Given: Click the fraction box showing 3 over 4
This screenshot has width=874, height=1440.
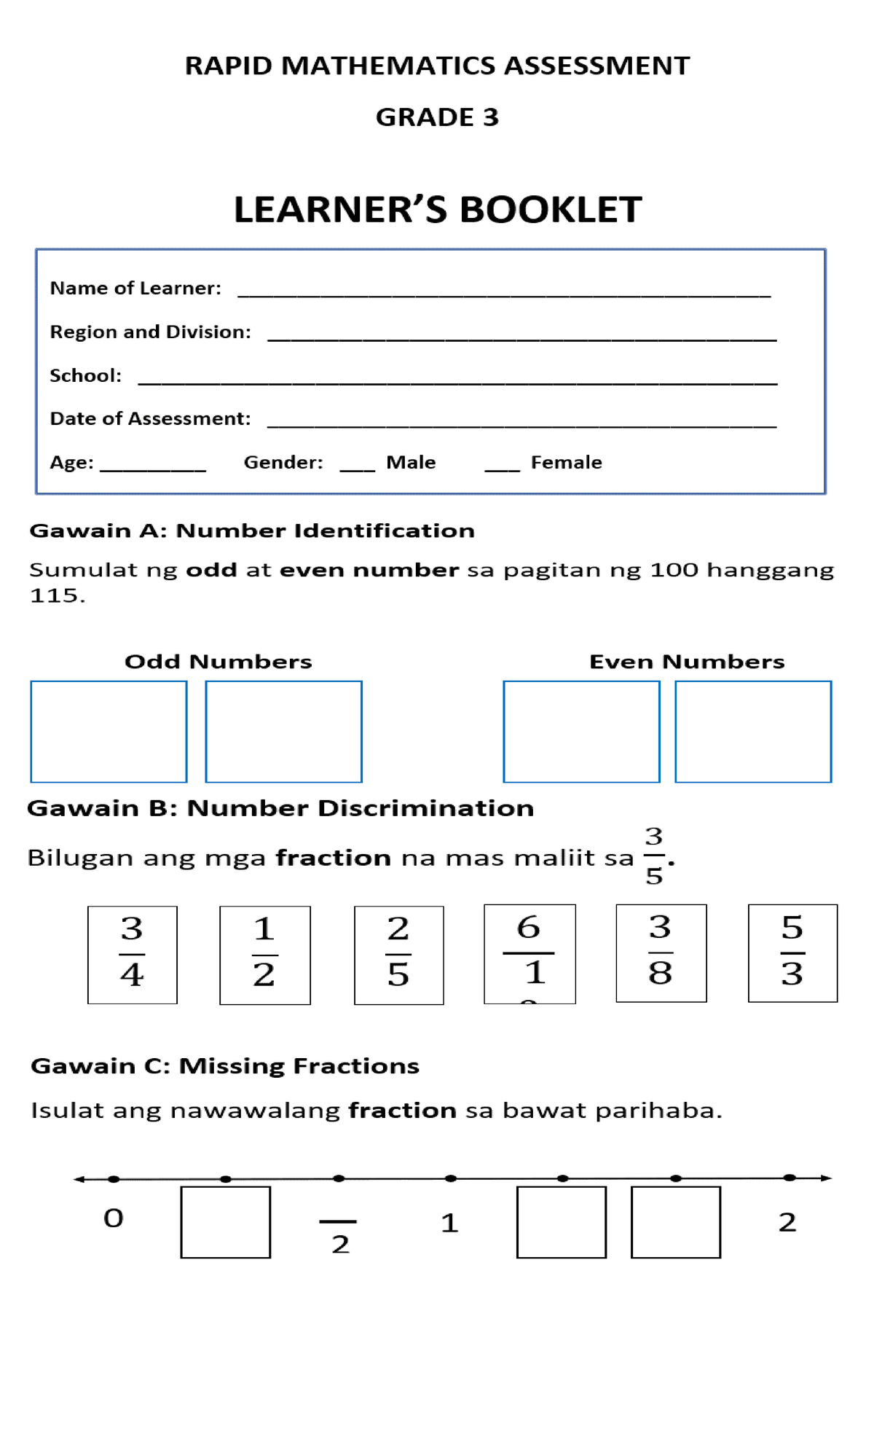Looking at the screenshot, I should click(132, 955).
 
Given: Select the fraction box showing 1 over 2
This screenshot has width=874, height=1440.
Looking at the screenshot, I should click(264, 955).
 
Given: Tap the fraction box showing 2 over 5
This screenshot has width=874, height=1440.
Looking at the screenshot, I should click(398, 955).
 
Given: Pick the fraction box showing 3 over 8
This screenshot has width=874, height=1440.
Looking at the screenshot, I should click(661, 953).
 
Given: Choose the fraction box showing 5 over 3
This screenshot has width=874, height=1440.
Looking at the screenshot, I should click(792, 953).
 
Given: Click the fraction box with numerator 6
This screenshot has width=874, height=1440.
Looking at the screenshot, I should click(529, 954).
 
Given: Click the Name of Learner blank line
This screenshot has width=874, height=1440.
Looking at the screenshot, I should click(504, 294).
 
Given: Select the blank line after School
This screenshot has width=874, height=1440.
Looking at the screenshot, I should click(457, 382).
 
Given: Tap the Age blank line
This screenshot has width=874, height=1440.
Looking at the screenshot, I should click(153, 469).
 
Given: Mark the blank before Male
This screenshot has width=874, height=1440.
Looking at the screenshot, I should click(357, 469).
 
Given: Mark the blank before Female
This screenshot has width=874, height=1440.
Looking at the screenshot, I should click(502, 469).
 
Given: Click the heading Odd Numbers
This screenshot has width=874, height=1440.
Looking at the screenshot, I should click(218, 662).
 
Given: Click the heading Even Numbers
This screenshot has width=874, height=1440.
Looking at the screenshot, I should click(687, 662).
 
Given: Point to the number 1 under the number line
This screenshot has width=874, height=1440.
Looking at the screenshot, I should click(449, 1223).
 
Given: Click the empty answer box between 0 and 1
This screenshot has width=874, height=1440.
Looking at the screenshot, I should click(225, 1222).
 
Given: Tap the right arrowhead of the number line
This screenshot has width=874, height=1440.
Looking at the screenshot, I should click(826, 1178).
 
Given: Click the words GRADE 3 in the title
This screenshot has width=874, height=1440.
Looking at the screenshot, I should click(437, 117).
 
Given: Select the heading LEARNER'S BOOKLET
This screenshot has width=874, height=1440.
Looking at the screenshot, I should click(437, 210).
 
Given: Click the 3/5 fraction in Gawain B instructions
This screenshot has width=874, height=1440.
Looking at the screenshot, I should click(654, 856).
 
